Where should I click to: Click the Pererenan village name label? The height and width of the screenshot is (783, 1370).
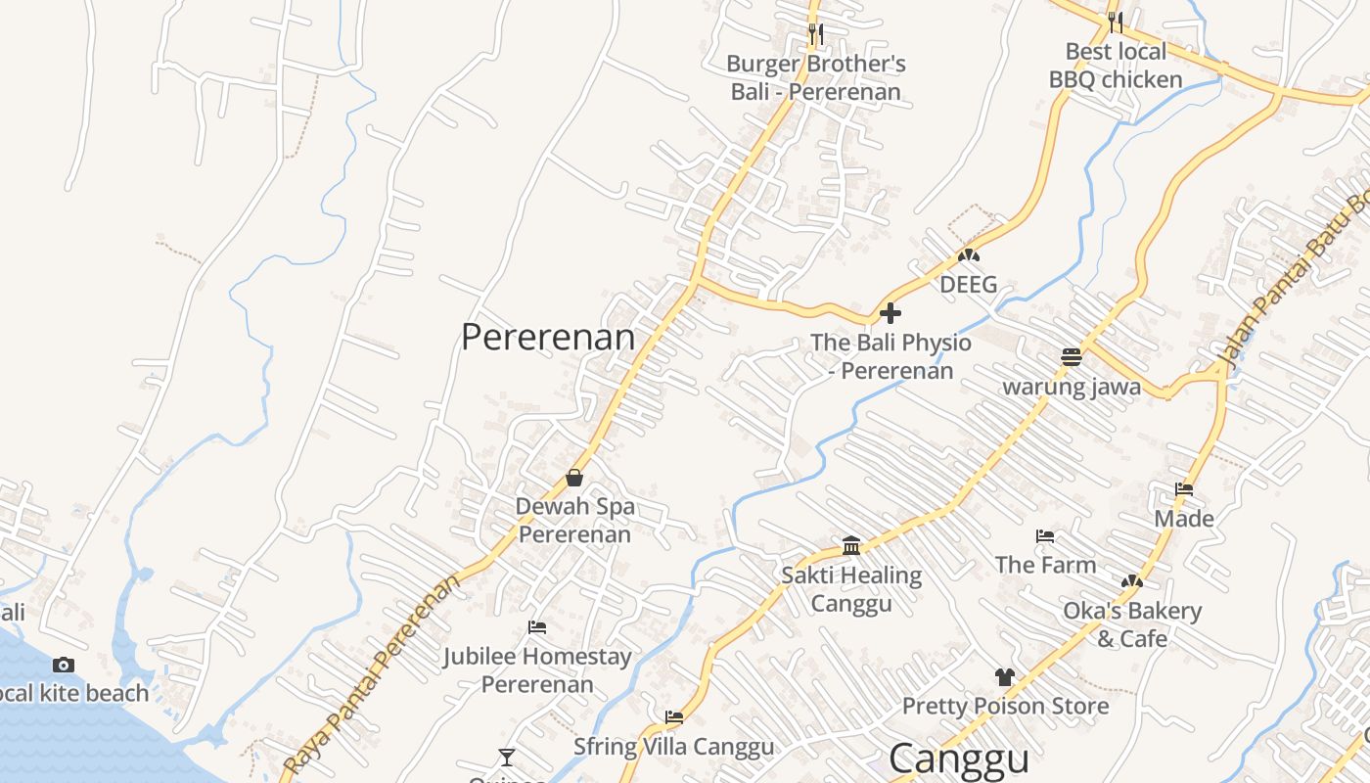tap(548, 338)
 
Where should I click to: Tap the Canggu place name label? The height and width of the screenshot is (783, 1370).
tap(959, 760)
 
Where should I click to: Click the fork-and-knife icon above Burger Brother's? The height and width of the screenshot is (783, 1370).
tap(815, 34)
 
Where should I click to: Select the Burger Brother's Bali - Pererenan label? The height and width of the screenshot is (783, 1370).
tap(815, 78)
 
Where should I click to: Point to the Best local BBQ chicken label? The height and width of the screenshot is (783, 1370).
tap(1116, 66)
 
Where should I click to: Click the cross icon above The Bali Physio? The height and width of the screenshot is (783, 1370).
tap(890, 313)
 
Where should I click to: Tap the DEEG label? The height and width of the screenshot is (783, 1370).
tap(968, 285)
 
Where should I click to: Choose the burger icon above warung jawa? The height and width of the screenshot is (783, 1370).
tap(1072, 357)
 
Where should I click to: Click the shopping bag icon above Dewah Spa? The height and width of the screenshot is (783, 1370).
tap(574, 478)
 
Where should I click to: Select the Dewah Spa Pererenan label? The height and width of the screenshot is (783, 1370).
tap(575, 521)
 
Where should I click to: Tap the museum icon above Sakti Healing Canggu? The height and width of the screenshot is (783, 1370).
tap(851, 545)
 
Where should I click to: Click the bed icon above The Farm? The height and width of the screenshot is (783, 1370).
tap(1045, 536)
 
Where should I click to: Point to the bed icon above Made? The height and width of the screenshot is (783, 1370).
tap(1184, 489)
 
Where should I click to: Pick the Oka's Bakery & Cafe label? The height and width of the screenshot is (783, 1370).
tap(1132, 624)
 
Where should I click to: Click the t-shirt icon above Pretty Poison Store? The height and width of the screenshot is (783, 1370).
tap(1005, 676)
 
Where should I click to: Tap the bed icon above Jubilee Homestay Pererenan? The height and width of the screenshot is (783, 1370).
tap(536, 627)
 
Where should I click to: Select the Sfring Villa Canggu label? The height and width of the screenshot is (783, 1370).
tap(673, 747)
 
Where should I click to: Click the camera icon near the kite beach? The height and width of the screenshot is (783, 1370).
tap(64, 666)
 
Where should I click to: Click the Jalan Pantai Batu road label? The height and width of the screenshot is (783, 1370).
tap(1292, 284)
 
